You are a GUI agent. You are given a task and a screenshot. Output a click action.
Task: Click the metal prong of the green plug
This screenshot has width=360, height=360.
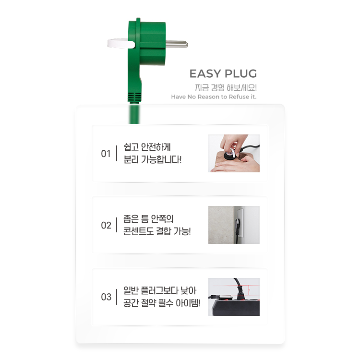click(x=177, y=44)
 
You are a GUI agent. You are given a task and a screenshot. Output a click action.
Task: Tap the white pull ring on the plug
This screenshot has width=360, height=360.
click(x=120, y=43)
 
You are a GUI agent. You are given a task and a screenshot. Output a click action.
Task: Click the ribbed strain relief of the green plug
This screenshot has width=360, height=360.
click(x=134, y=97)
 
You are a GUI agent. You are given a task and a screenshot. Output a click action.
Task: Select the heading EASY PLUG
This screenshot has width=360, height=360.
click(x=223, y=74)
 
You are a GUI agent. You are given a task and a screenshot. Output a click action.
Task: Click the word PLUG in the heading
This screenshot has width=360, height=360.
click(x=240, y=74)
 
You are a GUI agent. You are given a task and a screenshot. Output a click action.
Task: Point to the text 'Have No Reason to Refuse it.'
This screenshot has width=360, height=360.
click(x=214, y=97)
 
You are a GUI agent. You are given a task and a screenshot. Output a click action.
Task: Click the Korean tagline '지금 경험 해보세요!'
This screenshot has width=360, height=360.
click(x=226, y=88)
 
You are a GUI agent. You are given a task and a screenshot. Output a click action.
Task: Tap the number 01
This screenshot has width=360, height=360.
click(x=106, y=154)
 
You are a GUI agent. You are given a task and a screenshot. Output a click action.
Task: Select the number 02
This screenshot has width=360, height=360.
click(x=106, y=226)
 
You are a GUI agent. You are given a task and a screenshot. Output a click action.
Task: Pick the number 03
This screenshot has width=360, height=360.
click(x=106, y=297)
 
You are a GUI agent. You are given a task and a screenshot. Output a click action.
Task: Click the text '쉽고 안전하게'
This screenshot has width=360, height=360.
click(x=147, y=147)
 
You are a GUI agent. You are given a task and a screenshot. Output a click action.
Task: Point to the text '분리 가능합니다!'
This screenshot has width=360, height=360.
click(x=153, y=159)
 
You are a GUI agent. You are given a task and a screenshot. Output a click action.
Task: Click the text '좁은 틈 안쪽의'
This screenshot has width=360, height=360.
click(x=148, y=219)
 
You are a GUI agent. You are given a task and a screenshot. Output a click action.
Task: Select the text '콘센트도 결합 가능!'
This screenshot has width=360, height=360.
click(x=157, y=231)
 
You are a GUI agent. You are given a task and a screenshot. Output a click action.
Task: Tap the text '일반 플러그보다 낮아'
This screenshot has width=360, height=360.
click(x=160, y=290)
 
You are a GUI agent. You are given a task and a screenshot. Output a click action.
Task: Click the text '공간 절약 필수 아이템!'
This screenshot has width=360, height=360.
click(x=162, y=303)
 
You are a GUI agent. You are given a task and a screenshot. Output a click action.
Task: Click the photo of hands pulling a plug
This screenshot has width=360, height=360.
click(x=234, y=154)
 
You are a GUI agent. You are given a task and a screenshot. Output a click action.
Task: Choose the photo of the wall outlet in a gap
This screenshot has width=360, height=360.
click(x=234, y=225)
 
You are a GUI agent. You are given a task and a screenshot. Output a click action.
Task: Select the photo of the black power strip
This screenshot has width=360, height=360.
click(x=234, y=297)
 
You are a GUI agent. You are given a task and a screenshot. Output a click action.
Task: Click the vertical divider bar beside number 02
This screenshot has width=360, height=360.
click(x=117, y=225)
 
